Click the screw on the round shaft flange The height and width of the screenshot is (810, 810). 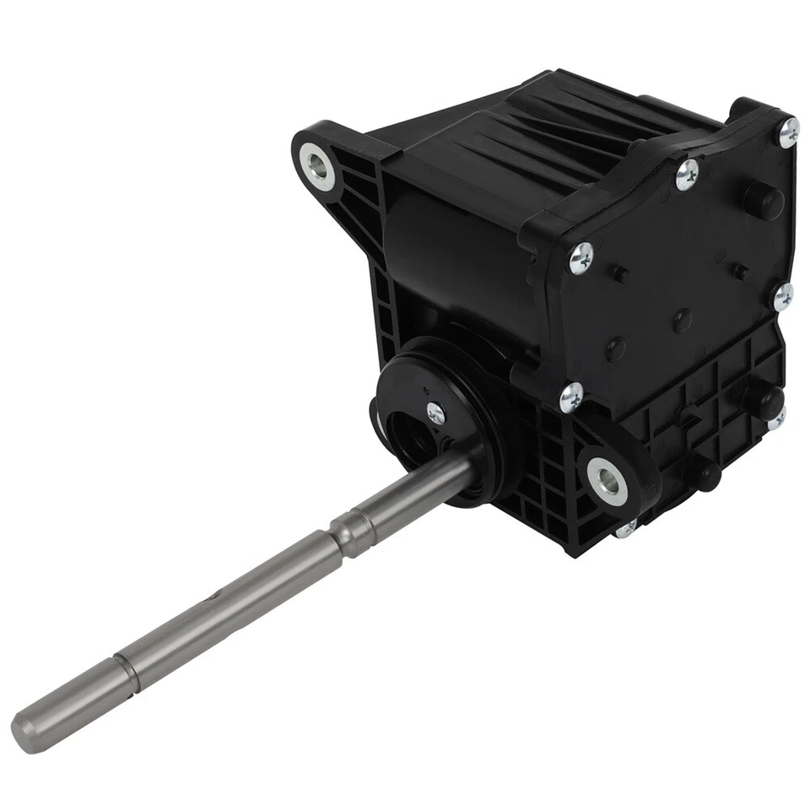point(435,413)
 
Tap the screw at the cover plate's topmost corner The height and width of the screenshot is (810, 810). point(788,130)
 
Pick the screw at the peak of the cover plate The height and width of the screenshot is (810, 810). point(688,175)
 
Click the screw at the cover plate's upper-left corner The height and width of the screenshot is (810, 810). point(580,258)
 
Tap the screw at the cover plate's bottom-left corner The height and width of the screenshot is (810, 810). point(571,394)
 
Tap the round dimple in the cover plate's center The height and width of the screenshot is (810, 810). point(682,319)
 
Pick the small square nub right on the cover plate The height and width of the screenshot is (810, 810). point(740,270)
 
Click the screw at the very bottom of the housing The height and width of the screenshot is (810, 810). point(626,530)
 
